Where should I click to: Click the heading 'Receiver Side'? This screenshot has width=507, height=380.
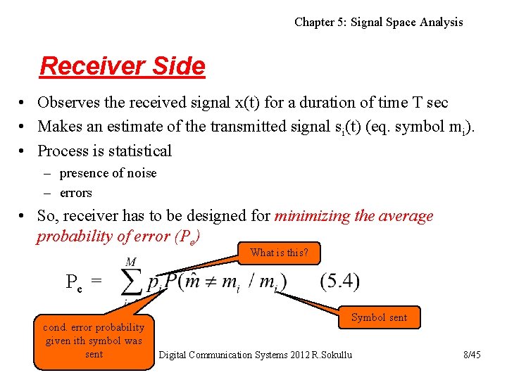pos(123,66)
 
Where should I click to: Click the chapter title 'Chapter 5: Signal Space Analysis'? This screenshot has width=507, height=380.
pos(378,22)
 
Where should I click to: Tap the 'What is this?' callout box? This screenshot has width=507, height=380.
pos(279,253)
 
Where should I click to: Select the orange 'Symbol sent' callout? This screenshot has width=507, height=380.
pos(379,317)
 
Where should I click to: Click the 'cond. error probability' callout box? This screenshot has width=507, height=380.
pos(94,341)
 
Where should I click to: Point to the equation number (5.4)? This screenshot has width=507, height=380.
pos(339,282)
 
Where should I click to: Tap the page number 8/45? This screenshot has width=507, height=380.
pos(472,355)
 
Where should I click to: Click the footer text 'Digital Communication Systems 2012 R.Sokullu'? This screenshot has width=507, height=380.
pos(255,355)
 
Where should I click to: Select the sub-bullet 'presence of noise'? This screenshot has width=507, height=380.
pos(108,173)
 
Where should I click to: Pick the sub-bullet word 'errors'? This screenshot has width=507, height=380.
pos(75,193)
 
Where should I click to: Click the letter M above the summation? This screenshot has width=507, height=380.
pos(131,262)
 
